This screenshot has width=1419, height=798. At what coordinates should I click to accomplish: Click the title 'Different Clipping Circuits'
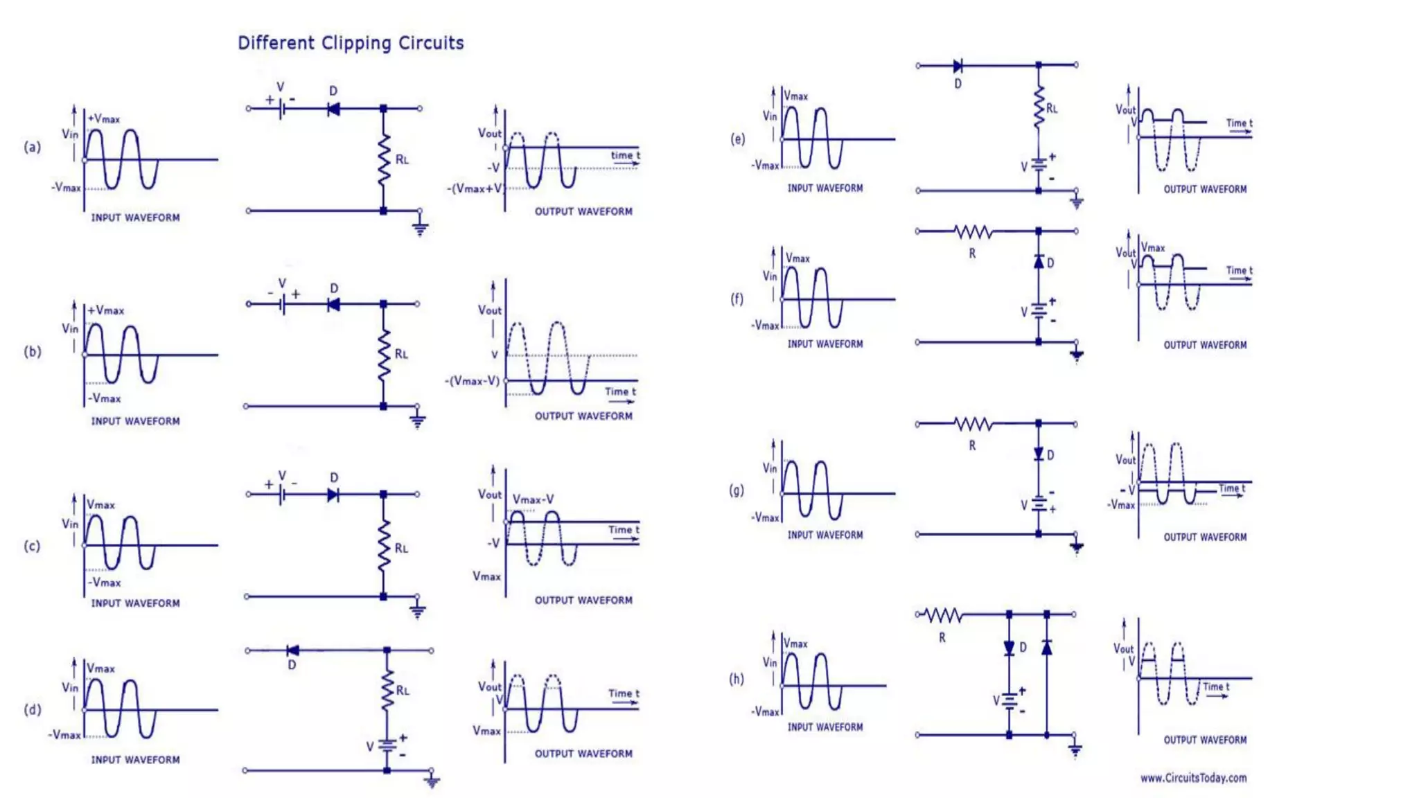[x=351, y=43]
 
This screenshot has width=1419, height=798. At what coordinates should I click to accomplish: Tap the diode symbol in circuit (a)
[x=333, y=109]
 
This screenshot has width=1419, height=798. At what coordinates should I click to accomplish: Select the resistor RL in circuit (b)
[x=383, y=355]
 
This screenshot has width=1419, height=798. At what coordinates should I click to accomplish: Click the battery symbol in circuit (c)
[x=281, y=494]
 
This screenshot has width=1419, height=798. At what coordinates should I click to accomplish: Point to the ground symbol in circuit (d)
[x=432, y=781]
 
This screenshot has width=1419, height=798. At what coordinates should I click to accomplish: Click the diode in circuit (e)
[x=958, y=66]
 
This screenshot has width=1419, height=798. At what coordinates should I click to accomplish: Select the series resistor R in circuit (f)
[x=973, y=231]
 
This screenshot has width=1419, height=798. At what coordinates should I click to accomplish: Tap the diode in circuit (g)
[x=1039, y=454]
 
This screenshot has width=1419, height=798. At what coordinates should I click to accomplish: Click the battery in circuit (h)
[x=1010, y=701]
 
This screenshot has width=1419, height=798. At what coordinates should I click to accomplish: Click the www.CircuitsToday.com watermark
[x=1193, y=778]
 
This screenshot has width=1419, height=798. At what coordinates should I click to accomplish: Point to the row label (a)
[x=33, y=147]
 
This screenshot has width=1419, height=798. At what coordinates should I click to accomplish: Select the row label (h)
[x=737, y=679]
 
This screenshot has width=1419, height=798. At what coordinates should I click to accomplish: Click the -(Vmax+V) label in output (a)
[x=475, y=188]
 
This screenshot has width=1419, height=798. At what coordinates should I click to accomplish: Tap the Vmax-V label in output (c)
[x=533, y=499]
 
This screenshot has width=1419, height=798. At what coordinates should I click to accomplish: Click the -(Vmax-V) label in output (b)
[x=472, y=381]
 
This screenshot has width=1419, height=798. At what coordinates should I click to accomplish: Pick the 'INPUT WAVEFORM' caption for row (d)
[x=135, y=760]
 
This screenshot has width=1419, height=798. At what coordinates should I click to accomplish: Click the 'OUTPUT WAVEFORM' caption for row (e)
[x=1205, y=189]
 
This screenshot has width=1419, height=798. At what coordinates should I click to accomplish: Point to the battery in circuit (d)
[x=387, y=746]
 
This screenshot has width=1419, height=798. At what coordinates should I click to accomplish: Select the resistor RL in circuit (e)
[x=1039, y=107]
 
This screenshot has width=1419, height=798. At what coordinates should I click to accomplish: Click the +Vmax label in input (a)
[x=103, y=119]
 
